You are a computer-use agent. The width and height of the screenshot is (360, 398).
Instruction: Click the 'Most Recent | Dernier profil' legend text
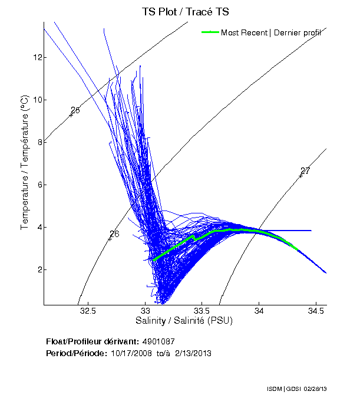(x=270, y=32)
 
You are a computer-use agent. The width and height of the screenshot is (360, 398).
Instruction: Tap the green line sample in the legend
(x=210, y=32)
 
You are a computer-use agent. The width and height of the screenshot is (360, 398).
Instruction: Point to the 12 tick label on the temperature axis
(x=37, y=57)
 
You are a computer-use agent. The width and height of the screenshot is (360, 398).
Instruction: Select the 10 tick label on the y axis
(x=37, y=100)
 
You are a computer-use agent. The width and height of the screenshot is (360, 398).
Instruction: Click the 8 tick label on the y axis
(x=39, y=142)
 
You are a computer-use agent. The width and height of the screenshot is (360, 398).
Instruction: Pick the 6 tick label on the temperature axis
(x=39, y=185)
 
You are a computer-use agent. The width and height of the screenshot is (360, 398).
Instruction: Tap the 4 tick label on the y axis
(x=39, y=227)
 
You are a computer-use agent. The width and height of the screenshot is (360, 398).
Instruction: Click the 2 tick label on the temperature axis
(x=39, y=269)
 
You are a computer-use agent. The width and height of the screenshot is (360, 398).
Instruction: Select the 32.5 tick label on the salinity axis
(x=88, y=311)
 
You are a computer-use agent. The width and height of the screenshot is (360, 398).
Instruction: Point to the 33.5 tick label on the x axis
(x=202, y=311)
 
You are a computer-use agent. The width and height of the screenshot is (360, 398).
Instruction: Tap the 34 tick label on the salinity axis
(x=259, y=311)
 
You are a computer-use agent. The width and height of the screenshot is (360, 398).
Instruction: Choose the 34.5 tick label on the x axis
(x=315, y=311)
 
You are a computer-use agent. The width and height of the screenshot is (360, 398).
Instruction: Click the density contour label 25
(x=75, y=110)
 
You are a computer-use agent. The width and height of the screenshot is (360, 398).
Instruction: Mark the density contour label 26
(x=114, y=234)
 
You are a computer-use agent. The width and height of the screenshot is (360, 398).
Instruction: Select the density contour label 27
(x=305, y=171)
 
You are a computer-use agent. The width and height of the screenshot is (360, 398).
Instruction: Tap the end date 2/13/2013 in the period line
(x=191, y=353)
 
